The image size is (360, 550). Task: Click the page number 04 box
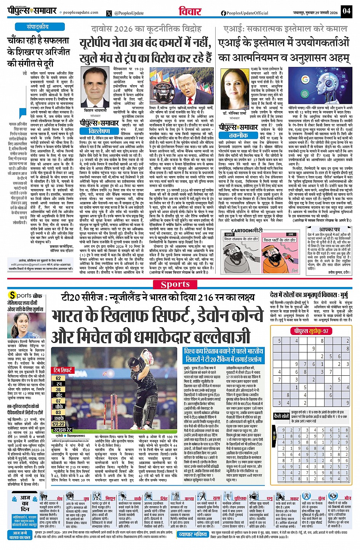point(346,10)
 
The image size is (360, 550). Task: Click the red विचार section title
point(190,11)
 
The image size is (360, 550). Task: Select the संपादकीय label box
point(38,27)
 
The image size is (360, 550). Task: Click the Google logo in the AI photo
point(305,80)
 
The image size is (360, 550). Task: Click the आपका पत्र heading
point(330,230)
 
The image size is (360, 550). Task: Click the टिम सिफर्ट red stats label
point(63,370)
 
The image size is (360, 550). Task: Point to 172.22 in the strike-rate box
point(58,424)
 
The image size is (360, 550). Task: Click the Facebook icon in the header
point(223,13)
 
